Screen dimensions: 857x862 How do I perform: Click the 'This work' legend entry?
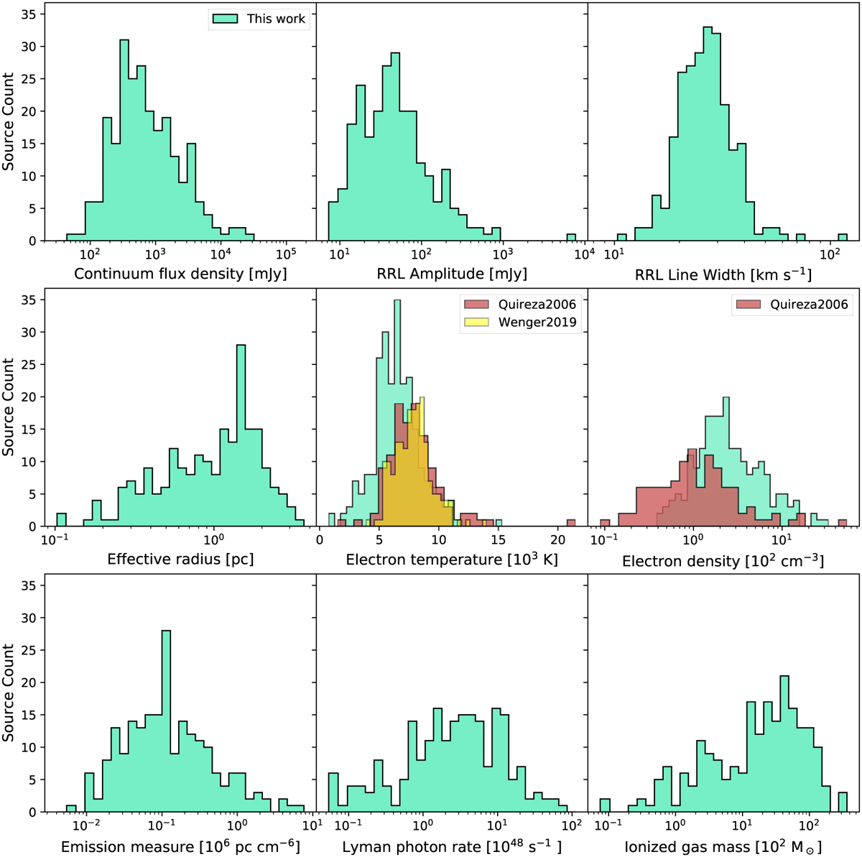pyautogui.click(x=259, y=19)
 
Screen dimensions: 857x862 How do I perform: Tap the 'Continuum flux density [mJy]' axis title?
pyautogui.click(x=180, y=274)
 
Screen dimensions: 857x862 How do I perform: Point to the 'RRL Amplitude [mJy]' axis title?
pyautogui.click(x=452, y=274)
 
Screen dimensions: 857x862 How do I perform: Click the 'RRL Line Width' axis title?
pyautogui.click(x=723, y=274)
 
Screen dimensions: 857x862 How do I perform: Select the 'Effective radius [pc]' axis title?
pyautogui.click(x=180, y=559)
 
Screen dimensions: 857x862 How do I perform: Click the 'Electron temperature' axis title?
pyautogui.click(x=452, y=559)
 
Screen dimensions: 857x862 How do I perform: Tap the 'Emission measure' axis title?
pyautogui.click(x=180, y=846)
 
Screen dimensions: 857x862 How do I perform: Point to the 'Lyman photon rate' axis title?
pyautogui.click(x=452, y=846)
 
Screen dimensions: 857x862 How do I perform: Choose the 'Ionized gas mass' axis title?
pyautogui.click(x=723, y=846)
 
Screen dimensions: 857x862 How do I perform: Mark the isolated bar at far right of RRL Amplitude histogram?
pyautogui.click(x=571, y=238)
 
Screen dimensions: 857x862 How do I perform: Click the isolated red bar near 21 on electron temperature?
pyautogui.click(x=571, y=523)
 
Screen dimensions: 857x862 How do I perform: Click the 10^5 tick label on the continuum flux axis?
pyautogui.click(x=286, y=254)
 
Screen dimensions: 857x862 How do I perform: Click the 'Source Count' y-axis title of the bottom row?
pyautogui.click(x=9, y=692)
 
